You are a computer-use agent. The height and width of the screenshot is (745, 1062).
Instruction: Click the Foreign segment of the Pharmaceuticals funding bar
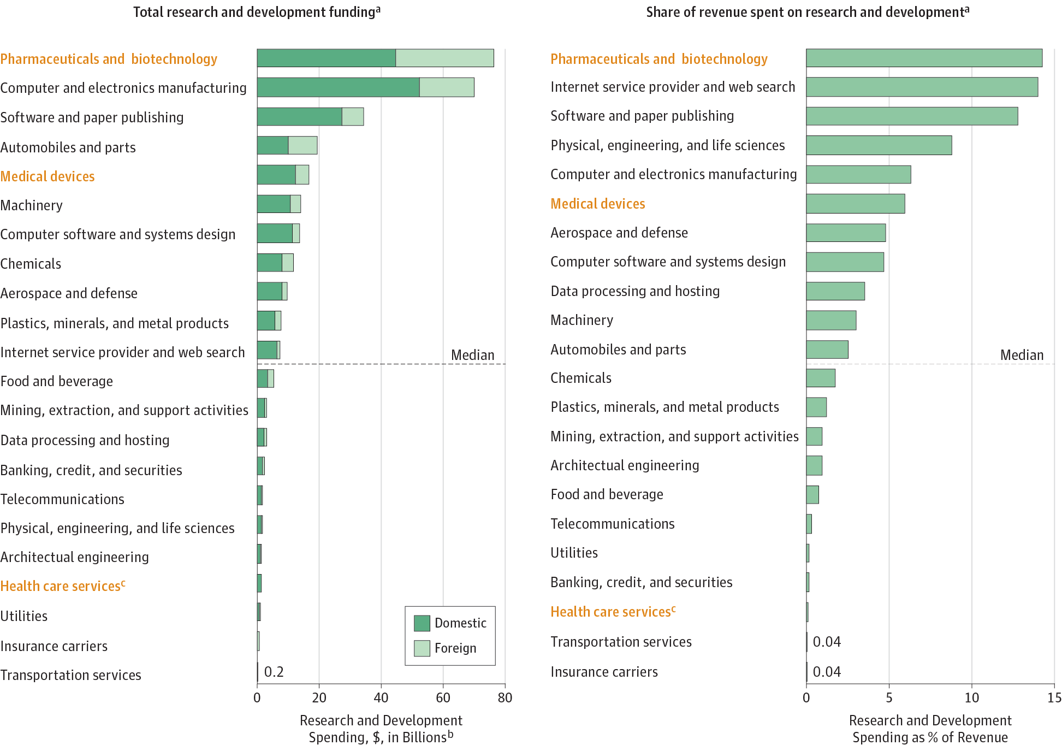click(444, 58)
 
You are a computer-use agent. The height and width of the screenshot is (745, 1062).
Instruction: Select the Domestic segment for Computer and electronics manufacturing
click(338, 87)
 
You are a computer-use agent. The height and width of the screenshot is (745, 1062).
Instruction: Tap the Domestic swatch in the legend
click(422, 623)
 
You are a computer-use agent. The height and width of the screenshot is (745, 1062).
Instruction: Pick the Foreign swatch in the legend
click(422, 648)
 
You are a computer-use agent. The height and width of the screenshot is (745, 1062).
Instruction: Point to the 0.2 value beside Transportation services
click(274, 672)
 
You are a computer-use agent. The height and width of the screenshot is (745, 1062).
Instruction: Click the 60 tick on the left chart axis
click(443, 697)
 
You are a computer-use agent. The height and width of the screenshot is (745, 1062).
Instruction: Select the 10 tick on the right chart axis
click(971, 697)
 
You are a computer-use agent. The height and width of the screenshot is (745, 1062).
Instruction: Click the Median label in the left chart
click(472, 355)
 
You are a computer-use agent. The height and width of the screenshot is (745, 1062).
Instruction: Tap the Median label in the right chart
click(1022, 355)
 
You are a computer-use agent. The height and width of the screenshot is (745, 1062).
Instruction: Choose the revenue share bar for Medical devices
click(855, 204)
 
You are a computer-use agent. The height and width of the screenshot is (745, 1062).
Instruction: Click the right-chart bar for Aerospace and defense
click(845, 233)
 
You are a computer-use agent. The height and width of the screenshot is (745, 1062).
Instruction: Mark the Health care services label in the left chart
click(63, 586)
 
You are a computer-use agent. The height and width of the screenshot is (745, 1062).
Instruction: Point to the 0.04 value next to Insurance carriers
click(827, 672)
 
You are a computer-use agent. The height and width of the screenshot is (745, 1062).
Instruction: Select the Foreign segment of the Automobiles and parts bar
click(302, 145)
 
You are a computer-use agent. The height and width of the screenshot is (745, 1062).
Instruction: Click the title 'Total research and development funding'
click(257, 12)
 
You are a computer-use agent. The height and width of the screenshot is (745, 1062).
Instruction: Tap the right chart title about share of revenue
click(808, 12)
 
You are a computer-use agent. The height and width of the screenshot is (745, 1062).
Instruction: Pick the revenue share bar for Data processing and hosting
click(835, 291)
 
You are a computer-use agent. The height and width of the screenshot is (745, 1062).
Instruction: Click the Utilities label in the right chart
click(574, 553)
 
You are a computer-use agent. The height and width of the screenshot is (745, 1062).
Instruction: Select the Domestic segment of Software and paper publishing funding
click(299, 117)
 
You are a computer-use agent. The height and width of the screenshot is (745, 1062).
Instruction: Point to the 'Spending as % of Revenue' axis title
click(930, 737)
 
